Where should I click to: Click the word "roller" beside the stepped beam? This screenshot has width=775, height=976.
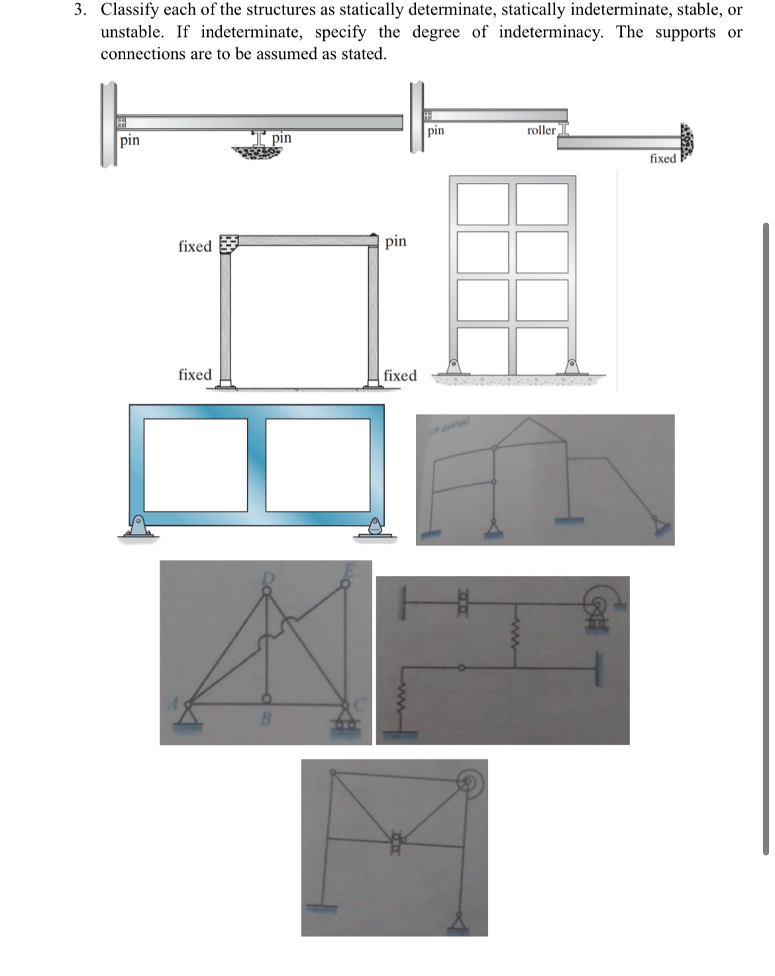pos(541,131)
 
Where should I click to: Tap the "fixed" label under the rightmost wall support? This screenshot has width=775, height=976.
pos(662,158)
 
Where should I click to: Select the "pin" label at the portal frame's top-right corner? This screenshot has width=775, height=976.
pos(395,241)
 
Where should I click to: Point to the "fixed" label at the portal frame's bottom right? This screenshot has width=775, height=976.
pos(400,376)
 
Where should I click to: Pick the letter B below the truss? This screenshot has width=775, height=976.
pos(266,718)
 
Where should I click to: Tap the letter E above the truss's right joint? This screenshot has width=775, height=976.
pos(349,569)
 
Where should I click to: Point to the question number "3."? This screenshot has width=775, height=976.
pos(80,10)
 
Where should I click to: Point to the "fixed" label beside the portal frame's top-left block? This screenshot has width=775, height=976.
pos(195,246)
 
